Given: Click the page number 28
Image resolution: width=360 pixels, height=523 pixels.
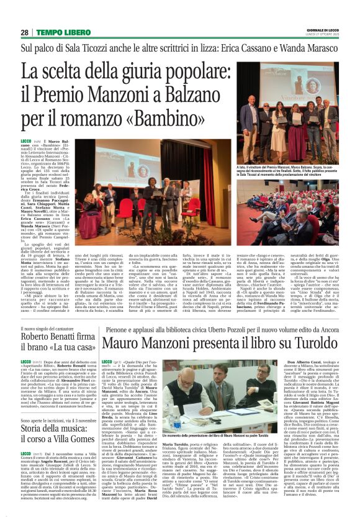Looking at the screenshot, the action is click(24, 32).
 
